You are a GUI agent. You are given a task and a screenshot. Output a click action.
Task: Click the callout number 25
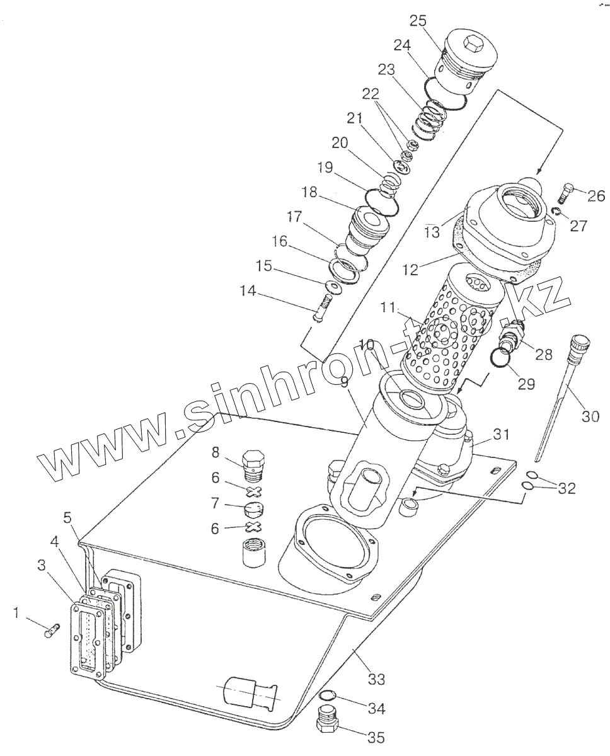(x=418, y=20)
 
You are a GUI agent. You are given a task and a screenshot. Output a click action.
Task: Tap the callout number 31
(x=500, y=434)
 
